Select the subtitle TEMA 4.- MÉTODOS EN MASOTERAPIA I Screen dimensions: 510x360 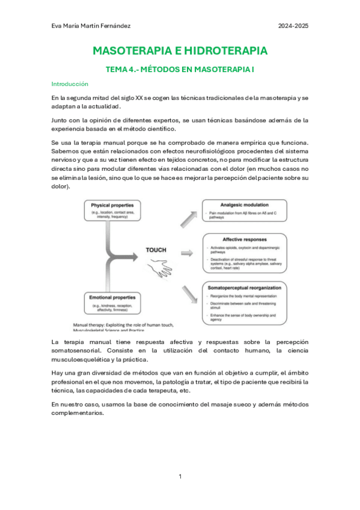180,70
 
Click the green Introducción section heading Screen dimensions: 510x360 70,84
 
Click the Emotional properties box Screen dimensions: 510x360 112,303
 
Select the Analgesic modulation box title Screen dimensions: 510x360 245,204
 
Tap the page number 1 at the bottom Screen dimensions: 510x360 180,477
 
